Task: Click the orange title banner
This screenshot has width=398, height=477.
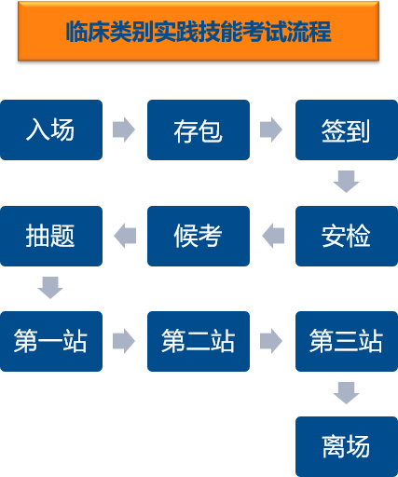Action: [199, 31]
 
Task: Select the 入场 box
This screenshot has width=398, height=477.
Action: [51, 129]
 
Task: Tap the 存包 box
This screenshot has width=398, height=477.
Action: [199, 129]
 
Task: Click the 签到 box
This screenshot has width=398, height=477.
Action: [347, 129]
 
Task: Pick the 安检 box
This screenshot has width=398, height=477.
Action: [347, 236]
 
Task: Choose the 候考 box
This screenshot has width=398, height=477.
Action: [199, 236]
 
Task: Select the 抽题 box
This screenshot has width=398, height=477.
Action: [51, 236]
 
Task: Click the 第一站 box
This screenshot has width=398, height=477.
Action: [51, 341]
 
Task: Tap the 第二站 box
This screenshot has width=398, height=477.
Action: [199, 341]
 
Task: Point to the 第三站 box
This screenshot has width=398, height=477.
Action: [347, 341]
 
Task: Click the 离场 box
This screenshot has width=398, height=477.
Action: [347, 446]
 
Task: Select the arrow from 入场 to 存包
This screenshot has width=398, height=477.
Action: [124, 129]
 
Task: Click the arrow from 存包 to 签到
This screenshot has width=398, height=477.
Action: [271, 129]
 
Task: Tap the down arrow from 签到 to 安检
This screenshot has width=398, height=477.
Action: [346, 182]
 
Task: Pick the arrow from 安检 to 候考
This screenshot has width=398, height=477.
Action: [273, 236]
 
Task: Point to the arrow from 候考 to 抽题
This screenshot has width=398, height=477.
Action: [125, 236]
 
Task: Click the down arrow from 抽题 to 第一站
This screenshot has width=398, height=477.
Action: [50, 288]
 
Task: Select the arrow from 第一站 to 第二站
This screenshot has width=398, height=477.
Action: [124, 341]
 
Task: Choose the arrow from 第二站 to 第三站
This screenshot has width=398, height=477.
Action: [271, 341]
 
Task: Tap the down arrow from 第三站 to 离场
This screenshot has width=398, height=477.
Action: [346, 393]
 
